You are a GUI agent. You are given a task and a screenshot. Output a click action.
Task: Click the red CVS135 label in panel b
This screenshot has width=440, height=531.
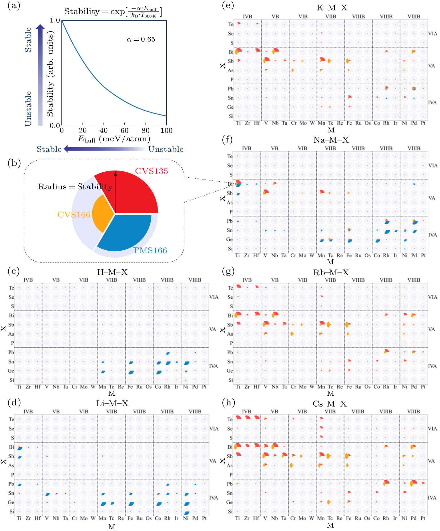151,171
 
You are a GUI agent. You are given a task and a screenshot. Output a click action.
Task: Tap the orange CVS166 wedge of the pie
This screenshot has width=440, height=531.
103,213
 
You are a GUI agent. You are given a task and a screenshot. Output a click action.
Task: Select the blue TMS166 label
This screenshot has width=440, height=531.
150,251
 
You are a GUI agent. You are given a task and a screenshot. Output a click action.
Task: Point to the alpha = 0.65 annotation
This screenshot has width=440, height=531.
141,39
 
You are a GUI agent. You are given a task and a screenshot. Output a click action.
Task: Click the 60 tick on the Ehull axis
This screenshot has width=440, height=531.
124,130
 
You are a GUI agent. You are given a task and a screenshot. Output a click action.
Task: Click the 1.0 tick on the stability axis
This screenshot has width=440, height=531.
55,20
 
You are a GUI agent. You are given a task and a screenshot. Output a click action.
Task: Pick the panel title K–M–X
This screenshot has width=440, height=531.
332,8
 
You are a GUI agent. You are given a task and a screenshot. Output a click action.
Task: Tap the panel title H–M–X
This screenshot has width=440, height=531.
112,272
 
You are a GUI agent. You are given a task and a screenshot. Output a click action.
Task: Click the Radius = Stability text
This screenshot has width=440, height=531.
75,187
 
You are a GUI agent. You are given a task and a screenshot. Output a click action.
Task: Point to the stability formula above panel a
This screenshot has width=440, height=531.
113,12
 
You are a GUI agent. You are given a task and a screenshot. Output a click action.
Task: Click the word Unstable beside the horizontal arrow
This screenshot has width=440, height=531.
166,149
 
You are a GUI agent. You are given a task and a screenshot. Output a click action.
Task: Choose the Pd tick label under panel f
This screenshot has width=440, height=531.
414,255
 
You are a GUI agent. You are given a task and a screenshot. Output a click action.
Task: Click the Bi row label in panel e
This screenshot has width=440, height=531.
231,52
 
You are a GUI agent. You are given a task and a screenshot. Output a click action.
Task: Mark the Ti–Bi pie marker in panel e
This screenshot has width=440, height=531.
238,51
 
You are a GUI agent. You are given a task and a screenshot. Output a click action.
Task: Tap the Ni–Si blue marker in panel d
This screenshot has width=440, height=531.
186,513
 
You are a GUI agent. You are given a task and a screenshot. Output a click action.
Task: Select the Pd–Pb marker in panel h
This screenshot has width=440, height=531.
413,483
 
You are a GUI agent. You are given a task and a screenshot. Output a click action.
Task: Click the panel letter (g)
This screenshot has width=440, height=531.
228,271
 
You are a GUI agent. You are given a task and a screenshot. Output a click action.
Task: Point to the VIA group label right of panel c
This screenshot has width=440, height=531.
214,297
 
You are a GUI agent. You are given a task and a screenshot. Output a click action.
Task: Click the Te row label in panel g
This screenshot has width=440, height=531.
230,288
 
